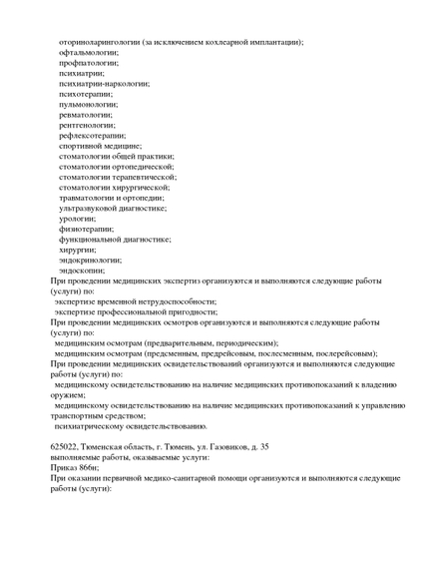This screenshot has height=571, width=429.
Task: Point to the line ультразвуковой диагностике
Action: pyautogui.click(x=113, y=208)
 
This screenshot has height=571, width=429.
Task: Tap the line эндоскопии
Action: pyautogui.click(x=82, y=270)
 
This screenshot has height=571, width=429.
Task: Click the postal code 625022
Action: pyautogui.click(x=66, y=446)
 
